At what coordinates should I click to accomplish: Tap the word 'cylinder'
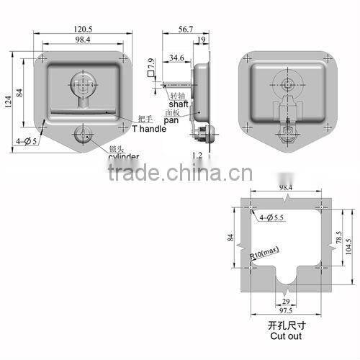(124, 156)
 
